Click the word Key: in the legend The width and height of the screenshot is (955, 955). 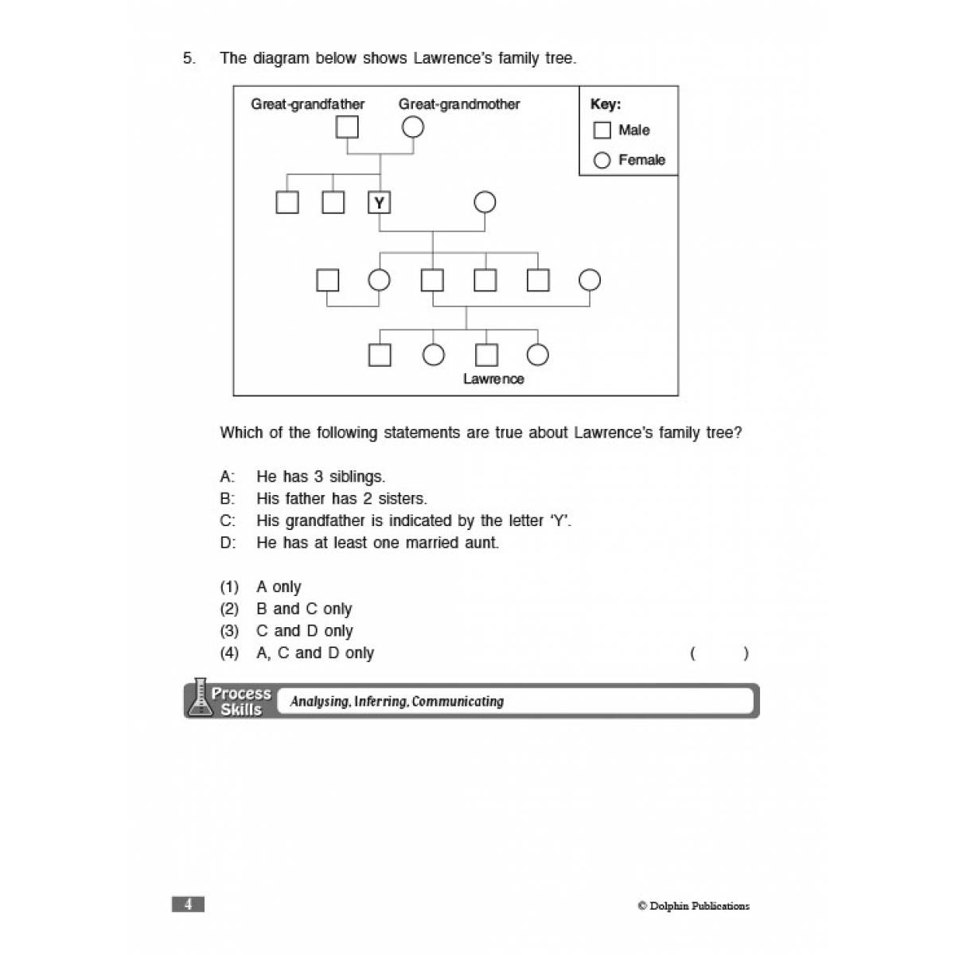605,104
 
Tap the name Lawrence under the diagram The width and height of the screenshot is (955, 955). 493,379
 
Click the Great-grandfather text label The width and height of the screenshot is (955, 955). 307,104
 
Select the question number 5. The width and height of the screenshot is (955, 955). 189,58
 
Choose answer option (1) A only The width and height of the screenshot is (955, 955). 260,587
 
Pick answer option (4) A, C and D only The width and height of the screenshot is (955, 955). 297,653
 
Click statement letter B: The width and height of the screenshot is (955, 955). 228,498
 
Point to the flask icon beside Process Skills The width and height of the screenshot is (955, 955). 199,697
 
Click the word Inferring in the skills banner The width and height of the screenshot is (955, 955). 380,701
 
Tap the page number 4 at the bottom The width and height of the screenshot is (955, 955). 188,904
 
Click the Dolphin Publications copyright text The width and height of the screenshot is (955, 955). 693,906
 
